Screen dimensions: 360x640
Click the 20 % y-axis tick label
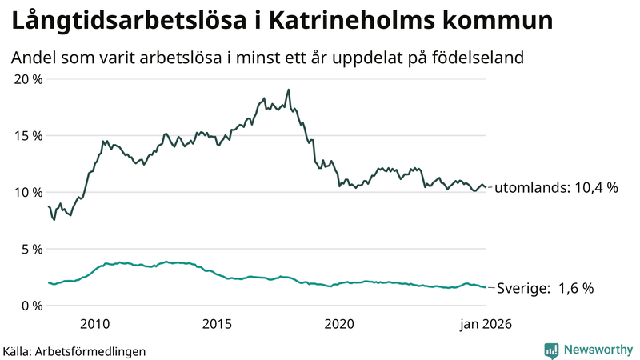coord(29,79)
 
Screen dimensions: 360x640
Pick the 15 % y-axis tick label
coord(29,136)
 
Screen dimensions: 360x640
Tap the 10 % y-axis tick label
coord(29,192)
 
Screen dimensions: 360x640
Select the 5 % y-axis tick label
coord(33,249)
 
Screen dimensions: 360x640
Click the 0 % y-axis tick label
coord(33,306)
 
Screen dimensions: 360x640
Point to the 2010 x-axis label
coord(94,324)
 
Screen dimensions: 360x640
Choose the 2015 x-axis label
coord(217,324)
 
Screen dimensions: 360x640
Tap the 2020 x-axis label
coord(339,324)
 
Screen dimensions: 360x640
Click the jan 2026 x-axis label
coord(485,324)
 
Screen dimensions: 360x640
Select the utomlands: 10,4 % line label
coord(556,189)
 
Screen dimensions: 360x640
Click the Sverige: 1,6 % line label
coord(546,289)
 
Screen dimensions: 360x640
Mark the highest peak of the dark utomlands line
coord(288,90)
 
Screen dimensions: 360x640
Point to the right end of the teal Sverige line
coord(485,287)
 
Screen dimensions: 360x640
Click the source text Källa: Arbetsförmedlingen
coord(74,350)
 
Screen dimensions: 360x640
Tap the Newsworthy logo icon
coord(551,350)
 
